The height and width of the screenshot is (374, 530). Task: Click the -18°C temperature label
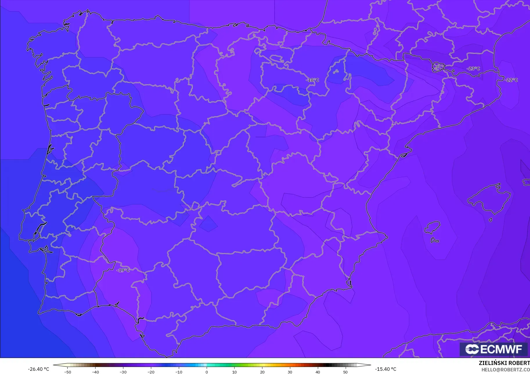(x=313, y=80)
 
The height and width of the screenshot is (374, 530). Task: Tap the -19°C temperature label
(x=123, y=270)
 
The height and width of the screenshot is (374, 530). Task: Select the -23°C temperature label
(x=473, y=69)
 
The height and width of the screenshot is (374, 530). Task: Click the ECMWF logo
(x=493, y=349)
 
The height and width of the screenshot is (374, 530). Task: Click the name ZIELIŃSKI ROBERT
(x=504, y=363)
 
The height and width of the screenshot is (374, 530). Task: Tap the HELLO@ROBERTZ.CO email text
(x=505, y=370)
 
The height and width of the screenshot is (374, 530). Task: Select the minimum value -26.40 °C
(x=38, y=369)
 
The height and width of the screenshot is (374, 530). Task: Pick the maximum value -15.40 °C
(x=385, y=369)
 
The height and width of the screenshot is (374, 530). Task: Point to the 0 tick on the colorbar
(x=206, y=372)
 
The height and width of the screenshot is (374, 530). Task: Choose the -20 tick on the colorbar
(x=151, y=372)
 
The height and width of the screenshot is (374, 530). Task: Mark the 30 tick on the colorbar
(x=290, y=372)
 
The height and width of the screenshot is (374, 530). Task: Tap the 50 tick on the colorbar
(x=345, y=372)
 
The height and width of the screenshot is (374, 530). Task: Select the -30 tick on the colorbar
(x=123, y=372)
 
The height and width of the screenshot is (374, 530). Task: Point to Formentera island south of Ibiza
(x=435, y=240)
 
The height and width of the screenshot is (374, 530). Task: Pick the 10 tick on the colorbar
(x=234, y=372)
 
